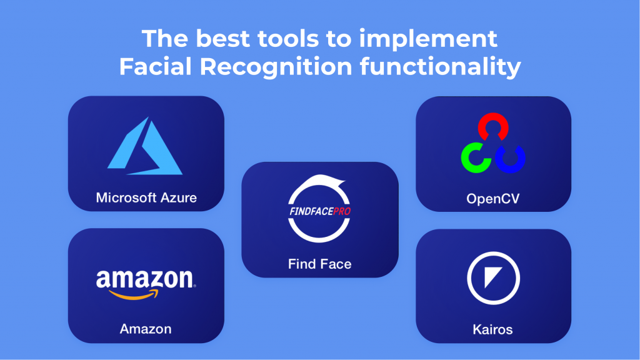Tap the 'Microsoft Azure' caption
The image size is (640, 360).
pos(146,197)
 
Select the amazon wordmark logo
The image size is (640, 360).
pos(146,279)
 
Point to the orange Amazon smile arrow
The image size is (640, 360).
pos(134,295)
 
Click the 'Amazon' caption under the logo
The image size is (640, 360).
pos(145,329)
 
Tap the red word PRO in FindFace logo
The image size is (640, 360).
pos(342,211)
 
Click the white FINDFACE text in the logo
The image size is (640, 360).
pos(311,211)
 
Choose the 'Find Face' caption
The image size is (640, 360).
pos(319,264)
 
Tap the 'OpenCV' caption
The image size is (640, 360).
pos(493,199)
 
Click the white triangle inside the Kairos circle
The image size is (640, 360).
pos(491,276)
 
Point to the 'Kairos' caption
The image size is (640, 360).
pos(492,329)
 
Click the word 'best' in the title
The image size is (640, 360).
pos(223,39)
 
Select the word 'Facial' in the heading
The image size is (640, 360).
pos(156,66)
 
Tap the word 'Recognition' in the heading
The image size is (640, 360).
pos(276,67)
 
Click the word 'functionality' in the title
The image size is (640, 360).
pos(441,67)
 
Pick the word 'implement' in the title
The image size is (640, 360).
pos(428,40)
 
